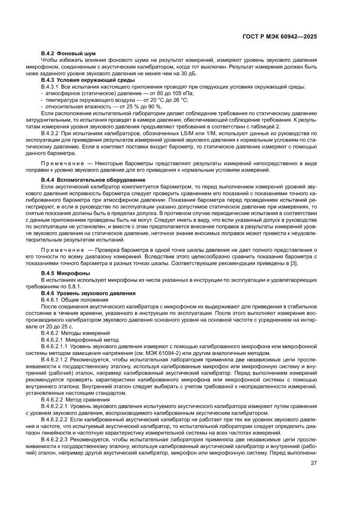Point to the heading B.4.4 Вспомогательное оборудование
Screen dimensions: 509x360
coord(93,180)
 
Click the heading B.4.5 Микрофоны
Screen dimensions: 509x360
coord(63,273)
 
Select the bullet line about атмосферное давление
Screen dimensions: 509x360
coord(118,94)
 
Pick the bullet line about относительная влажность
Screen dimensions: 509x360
coord(101,107)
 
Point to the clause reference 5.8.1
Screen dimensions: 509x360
coord(76,287)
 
